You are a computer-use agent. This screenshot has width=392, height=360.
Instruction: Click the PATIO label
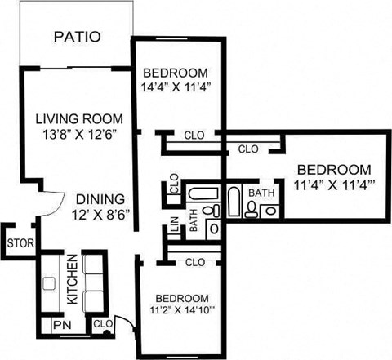click(77, 37)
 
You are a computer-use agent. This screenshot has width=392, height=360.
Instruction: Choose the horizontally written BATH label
click(261, 193)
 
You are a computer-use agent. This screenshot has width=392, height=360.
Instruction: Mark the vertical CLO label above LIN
click(174, 184)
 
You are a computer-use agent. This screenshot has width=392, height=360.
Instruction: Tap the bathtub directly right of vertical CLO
click(197, 196)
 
